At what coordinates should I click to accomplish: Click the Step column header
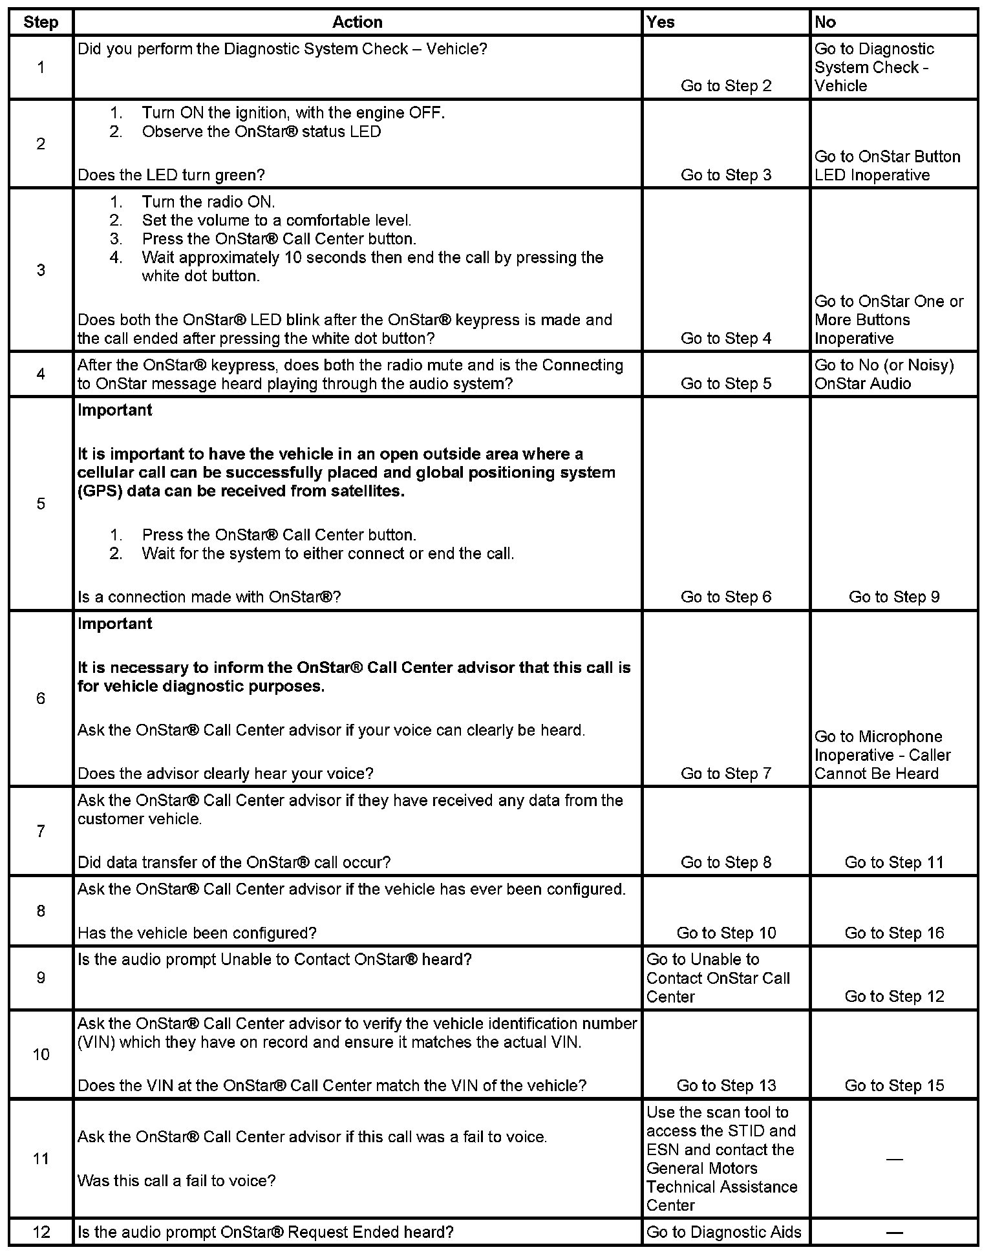pos(41,22)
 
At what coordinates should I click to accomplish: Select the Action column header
pos(357,22)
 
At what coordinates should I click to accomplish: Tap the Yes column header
pos(661,22)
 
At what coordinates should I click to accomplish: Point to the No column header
pos(826,22)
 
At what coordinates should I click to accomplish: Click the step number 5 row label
pos(41,504)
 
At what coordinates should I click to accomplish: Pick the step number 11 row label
pos(41,1159)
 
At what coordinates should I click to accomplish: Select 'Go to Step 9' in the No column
pos(894,597)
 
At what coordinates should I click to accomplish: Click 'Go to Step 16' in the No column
pos(894,933)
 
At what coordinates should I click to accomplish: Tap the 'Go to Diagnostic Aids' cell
pos(724,1232)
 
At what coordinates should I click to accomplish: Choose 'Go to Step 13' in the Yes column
pos(726,1085)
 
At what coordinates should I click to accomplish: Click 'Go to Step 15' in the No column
pos(894,1085)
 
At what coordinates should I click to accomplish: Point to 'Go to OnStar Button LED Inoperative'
pos(887,166)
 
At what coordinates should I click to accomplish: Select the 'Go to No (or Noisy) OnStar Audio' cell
pos(884,374)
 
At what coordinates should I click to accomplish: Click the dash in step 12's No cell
pos(894,1232)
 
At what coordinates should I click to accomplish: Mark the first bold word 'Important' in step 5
pos(115,410)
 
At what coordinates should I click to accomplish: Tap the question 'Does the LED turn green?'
pos(171,175)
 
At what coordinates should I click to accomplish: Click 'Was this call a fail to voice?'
pos(176,1181)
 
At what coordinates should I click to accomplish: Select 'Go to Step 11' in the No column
pos(894,862)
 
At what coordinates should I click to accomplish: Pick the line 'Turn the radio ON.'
pos(208,202)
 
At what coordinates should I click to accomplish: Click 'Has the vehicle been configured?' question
pos(197,933)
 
